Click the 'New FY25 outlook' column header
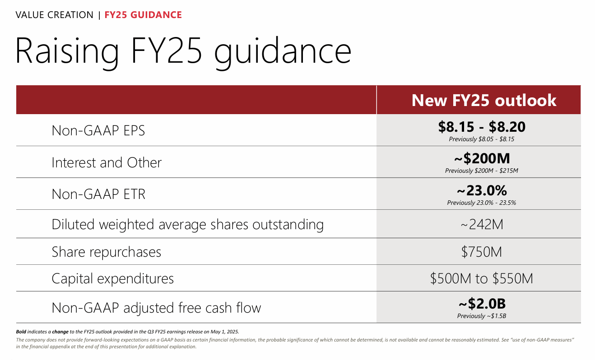[483, 100]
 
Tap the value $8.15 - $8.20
[482, 127]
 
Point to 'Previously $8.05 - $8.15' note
[482, 139]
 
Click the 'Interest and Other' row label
[107, 162]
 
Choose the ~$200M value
[482, 159]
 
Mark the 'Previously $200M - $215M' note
[482, 171]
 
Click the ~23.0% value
[482, 190]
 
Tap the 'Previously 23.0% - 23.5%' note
[482, 203]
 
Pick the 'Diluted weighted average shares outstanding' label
[187, 224]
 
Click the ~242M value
[482, 224]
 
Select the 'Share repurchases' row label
[106, 252]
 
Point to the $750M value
[482, 252]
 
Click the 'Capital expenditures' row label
[112, 278]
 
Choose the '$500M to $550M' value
[482, 278]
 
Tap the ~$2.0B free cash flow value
[482, 304]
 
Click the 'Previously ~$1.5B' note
[482, 316]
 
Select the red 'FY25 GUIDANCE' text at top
[143, 15]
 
